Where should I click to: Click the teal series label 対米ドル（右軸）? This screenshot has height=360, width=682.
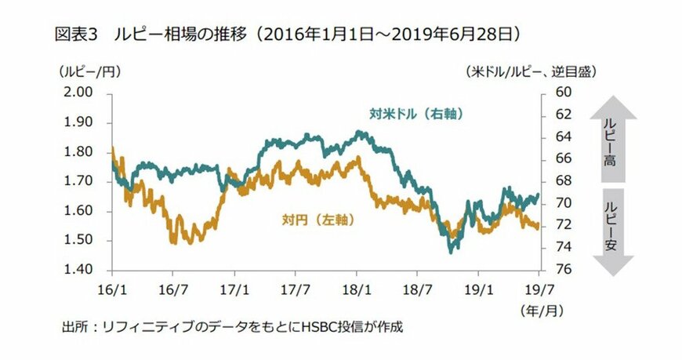pyautogui.click(x=418, y=113)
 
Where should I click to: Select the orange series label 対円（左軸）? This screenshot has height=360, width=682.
pyautogui.click(x=317, y=220)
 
